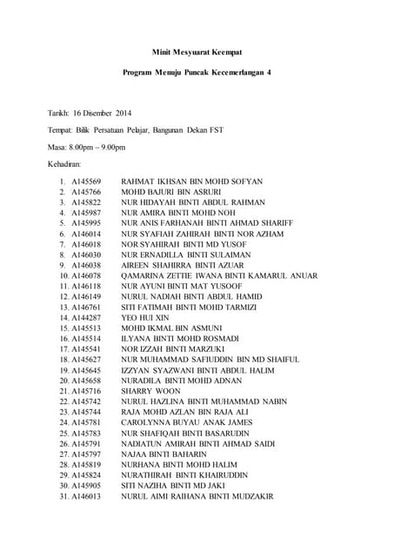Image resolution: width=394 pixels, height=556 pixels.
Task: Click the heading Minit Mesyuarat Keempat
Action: (196, 52)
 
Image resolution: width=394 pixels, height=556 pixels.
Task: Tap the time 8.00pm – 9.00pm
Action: (96, 147)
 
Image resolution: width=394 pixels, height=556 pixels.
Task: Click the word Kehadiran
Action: (65, 163)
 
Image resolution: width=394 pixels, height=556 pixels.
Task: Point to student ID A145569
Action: (86, 182)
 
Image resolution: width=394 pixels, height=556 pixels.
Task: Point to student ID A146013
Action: (86, 496)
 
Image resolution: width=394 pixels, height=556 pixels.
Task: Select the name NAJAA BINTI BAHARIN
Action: (164, 453)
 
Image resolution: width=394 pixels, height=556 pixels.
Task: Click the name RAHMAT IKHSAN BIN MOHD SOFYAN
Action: (191, 182)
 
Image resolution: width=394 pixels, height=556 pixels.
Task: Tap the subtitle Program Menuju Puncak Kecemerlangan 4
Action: (196, 72)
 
